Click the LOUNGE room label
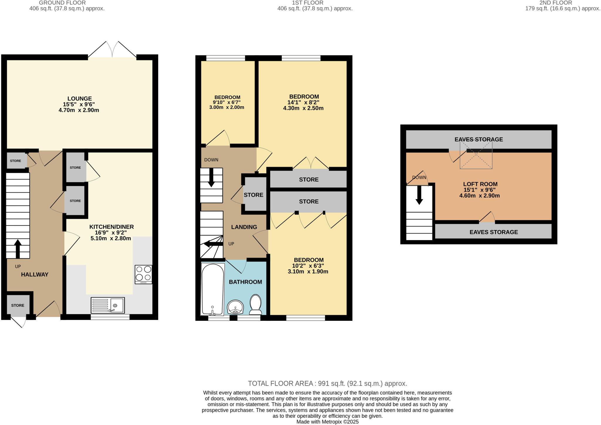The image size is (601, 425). [x=80, y=99]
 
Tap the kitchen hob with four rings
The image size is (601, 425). [x=144, y=274]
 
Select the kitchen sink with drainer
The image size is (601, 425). [x=108, y=305]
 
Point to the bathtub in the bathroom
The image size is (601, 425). [x=213, y=289]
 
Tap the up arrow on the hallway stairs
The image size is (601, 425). [x=18, y=248]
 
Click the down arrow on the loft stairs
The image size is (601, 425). [x=419, y=195]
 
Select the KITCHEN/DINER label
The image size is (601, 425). [x=112, y=227]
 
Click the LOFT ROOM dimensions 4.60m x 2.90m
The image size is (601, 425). [x=479, y=196]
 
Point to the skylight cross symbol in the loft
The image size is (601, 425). [x=476, y=155]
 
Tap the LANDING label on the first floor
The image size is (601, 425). [x=244, y=227]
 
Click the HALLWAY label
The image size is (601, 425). [x=35, y=274]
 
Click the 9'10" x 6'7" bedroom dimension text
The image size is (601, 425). [x=227, y=102]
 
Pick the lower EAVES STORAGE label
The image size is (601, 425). [x=494, y=232]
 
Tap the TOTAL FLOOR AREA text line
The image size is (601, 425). [x=327, y=383]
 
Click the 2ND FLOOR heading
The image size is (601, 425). [x=556, y=3]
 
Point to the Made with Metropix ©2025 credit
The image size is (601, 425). [x=327, y=422]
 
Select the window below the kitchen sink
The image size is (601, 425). [x=110, y=317]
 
